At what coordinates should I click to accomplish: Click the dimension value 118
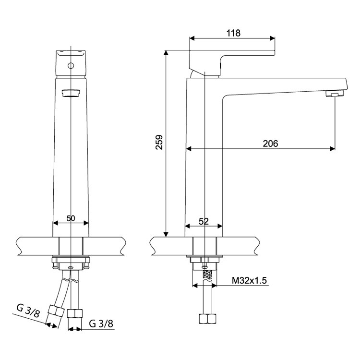tap(233, 33)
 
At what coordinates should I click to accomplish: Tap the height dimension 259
tap(159, 143)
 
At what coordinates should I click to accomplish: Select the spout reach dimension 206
tap(270, 144)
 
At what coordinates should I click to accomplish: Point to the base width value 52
tap(204, 221)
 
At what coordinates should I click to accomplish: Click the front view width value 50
tap(71, 218)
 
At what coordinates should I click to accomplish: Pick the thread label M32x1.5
tap(249, 280)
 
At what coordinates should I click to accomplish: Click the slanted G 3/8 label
tap(28, 311)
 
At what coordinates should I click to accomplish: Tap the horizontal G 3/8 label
tap(101, 324)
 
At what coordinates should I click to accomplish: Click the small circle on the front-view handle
tap(71, 66)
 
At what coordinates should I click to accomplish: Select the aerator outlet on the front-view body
tap(71, 93)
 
